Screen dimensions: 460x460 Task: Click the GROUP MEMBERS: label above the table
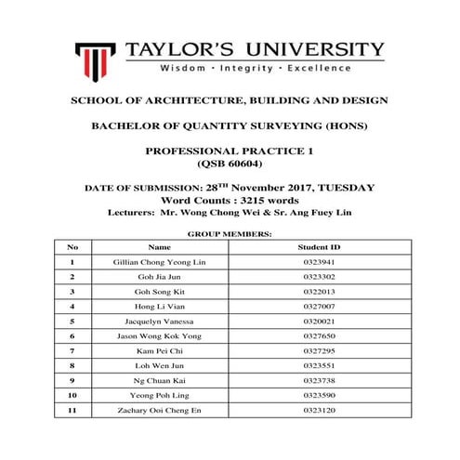[230, 235]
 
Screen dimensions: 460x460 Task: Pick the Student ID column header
[319, 248]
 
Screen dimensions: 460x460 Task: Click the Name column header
[160, 248]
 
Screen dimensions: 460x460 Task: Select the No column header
[72, 248]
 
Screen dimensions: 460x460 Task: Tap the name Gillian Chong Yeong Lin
[160, 263]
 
